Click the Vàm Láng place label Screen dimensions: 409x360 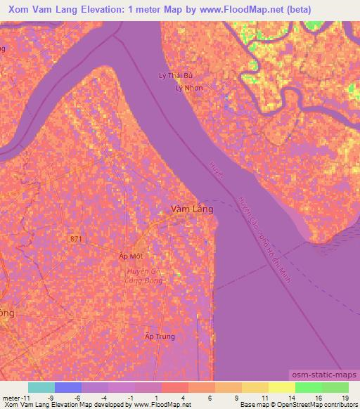(193, 209)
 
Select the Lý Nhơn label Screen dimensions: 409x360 (188, 88)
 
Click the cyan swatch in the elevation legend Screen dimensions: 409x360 (41, 387)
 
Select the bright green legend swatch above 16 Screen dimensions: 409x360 (308, 387)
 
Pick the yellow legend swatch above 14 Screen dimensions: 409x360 (281, 387)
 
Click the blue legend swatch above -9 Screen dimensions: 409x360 (68, 387)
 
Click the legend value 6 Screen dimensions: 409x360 (210, 397)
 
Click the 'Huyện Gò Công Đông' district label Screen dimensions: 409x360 (146, 275)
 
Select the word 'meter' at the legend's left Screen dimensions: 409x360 (9, 397)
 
